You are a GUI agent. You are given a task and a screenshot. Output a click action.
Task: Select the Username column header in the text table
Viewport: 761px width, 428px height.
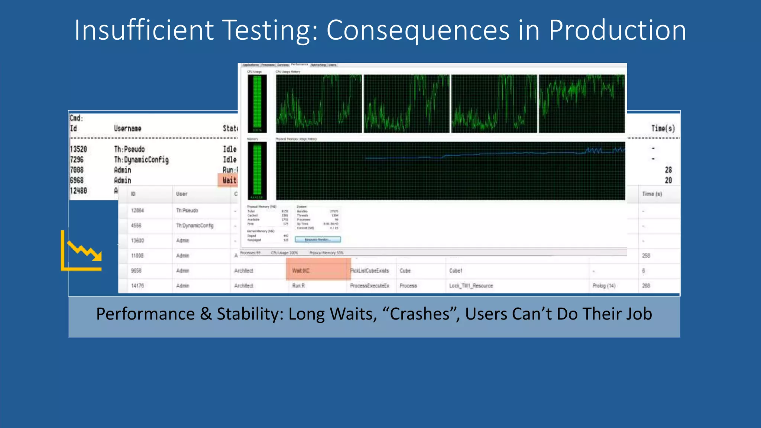(127, 129)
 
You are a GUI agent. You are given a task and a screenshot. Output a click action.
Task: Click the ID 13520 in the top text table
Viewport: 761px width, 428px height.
(78, 149)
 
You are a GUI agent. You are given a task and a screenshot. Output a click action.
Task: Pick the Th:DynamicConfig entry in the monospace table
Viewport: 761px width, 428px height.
(141, 160)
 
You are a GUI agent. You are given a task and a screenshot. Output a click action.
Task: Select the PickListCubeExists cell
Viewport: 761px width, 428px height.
(369, 271)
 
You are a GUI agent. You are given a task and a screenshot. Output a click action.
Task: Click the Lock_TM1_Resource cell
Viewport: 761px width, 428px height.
(471, 286)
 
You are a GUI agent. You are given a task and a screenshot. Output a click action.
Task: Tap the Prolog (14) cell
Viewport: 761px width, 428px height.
(604, 286)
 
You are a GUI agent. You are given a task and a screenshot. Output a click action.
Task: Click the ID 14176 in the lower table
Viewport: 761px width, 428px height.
(137, 286)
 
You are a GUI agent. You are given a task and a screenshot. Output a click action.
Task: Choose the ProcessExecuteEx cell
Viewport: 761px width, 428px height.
(369, 286)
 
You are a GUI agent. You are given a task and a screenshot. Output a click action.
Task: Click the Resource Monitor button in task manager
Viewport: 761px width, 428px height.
(318, 240)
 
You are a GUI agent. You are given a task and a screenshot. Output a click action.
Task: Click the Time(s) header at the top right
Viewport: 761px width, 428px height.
(663, 129)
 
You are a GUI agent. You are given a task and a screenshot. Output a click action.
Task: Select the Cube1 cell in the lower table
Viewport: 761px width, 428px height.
(456, 271)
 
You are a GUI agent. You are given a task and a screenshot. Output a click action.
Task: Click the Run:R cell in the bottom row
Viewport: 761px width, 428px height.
(298, 286)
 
